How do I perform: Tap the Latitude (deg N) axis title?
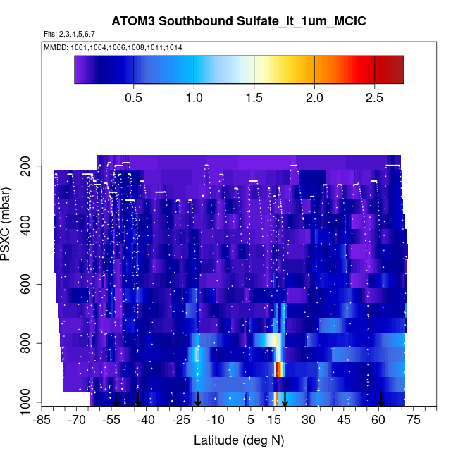pos(238,440)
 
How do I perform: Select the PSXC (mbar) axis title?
pos(8,225)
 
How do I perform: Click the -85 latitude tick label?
pos(42,421)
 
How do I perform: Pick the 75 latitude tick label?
pos(413,421)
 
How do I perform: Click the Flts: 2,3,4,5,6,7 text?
pos(69,34)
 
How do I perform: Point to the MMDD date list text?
pos(113,47)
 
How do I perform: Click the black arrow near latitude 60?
pos(381,399)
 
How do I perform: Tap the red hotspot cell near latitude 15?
pos(278,369)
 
